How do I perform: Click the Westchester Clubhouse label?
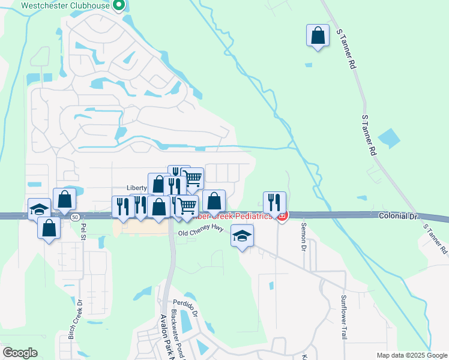click(x=65, y=6)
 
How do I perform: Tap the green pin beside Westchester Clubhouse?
click(x=119, y=7)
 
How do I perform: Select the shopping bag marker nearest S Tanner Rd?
click(x=318, y=35)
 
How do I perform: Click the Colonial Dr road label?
click(x=397, y=215)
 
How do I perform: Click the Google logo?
click(x=20, y=353)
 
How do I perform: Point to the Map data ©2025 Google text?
click(x=412, y=355)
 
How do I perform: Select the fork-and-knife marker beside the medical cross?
click(x=274, y=203)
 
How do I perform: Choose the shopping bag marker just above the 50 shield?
click(x=64, y=200)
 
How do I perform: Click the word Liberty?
click(x=137, y=187)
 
